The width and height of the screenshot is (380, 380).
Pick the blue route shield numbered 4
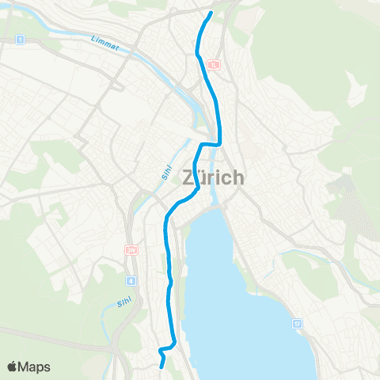coord(130,279)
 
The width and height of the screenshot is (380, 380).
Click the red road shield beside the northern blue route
coord(215,64)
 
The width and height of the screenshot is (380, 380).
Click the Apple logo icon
coord(12,367)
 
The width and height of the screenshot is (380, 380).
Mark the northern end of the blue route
coord(211,13)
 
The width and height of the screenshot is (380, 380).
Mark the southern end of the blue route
coord(162,367)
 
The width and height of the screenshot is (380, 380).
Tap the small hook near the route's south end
coord(161,349)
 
